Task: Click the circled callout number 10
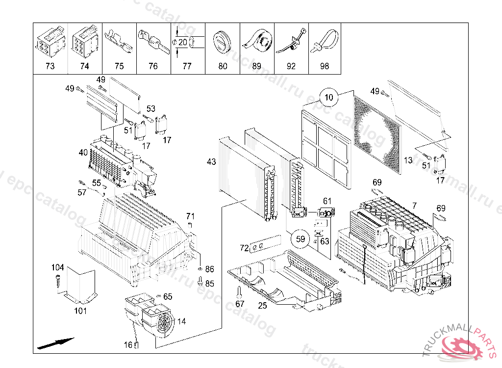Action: [x=329, y=97]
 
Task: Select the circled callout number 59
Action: [x=301, y=239]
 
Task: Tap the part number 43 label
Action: [x=211, y=161]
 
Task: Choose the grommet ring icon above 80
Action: [x=223, y=41]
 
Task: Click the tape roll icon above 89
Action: [x=257, y=41]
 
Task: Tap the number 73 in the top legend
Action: [x=50, y=66]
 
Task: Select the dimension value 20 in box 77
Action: [x=182, y=42]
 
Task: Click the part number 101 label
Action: [x=80, y=310]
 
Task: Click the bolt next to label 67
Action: [x=239, y=292]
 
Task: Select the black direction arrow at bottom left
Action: [x=55, y=342]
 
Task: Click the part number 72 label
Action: [x=244, y=248]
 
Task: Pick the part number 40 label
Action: [x=83, y=153]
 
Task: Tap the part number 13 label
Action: [x=408, y=160]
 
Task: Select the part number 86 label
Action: [x=210, y=269]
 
